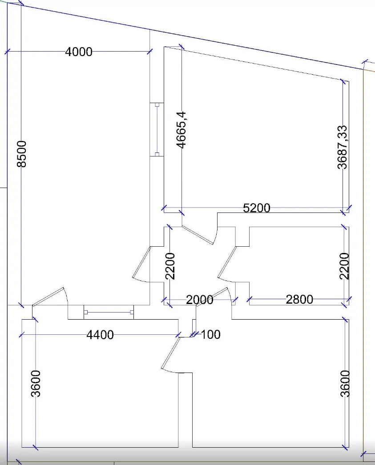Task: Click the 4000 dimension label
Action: click(79, 52)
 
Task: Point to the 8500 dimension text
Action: click(22, 154)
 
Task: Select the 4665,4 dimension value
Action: click(181, 130)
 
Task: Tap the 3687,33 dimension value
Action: click(342, 147)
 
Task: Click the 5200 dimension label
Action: click(257, 208)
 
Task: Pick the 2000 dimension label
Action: click(200, 300)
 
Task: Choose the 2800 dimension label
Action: click(299, 300)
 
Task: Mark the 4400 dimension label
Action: click(100, 335)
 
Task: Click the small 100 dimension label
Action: click(211, 334)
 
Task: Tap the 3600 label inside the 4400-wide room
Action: click(36, 384)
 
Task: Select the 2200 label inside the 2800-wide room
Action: click(344, 266)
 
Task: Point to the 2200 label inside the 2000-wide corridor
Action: click(170, 266)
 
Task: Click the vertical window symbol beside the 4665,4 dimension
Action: click(157, 129)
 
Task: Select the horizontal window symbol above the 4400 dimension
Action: click(109, 312)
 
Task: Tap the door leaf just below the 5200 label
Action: click(198, 235)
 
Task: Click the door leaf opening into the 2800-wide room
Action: click(227, 261)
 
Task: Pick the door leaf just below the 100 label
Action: click(171, 353)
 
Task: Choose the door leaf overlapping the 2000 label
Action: click(212, 297)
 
